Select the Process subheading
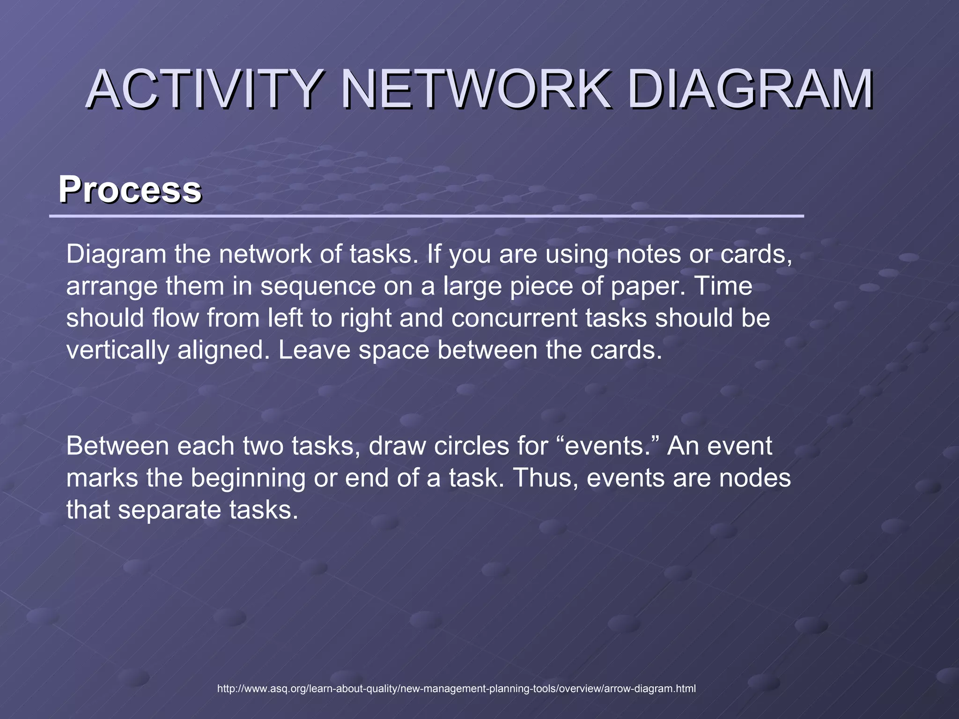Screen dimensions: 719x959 (130, 190)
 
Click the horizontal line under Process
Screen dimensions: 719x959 (426, 216)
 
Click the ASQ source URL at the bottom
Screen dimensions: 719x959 (457, 689)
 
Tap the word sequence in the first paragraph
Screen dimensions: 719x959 (318, 286)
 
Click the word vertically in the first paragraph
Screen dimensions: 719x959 (117, 351)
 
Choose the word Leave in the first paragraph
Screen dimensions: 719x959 (314, 351)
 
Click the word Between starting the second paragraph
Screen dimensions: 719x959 (117, 446)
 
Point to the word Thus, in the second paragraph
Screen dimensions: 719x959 (546, 478)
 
